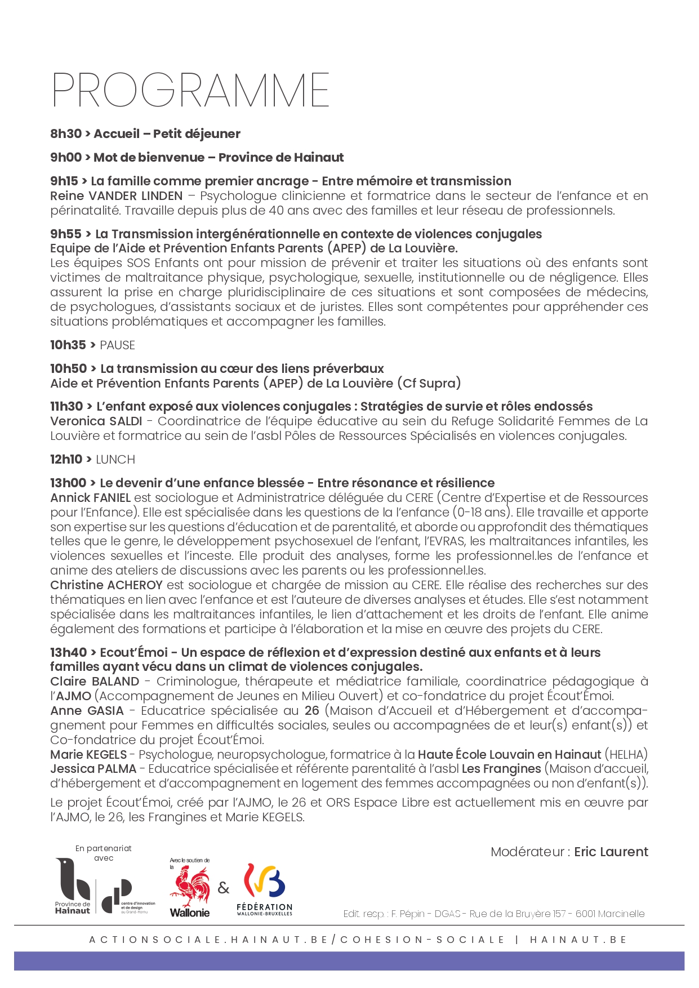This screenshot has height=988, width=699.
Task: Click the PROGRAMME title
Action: (190, 90)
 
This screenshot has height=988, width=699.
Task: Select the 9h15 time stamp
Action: (64, 181)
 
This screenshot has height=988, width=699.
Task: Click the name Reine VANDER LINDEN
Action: (116, 196)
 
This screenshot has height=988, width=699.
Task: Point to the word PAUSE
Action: (117, 345)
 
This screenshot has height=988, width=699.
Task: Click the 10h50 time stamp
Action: (69, 369)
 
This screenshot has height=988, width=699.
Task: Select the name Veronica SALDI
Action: (96, 421)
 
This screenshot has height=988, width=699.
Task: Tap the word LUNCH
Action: (115, 460)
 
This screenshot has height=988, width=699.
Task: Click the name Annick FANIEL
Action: (90, 498)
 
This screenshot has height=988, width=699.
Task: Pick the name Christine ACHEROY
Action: (106, 585)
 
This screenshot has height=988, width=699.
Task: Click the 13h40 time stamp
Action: (68, 653)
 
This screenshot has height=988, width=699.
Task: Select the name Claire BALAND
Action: (94, 682)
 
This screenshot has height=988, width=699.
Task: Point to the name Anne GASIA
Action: (86, 711)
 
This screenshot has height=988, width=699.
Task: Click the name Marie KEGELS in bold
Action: (88, 755)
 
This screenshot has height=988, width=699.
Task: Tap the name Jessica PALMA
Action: (93, 769)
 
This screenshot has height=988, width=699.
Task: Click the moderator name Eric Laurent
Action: (611, 852)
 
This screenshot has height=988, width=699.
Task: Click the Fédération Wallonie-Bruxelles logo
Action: (264, 889)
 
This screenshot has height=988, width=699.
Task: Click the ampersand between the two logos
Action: (224, 888)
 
